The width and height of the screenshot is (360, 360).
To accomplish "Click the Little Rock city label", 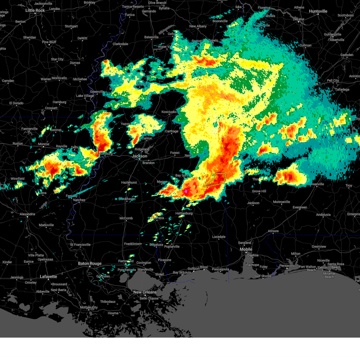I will click(35, 10).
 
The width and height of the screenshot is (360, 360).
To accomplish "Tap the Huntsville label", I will click(318, 11).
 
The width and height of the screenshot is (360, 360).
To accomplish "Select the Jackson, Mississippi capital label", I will click(140, 156).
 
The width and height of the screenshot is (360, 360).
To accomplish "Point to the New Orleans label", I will click(145, 292).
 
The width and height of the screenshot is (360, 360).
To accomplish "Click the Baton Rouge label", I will click(90, 264).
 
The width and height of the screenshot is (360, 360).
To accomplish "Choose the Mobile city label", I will click(246, 249).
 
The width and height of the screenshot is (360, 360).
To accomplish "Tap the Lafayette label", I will click(48, 277).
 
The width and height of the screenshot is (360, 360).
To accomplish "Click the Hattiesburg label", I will click(184, 213).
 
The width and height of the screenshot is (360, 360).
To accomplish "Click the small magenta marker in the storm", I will click(186, 191).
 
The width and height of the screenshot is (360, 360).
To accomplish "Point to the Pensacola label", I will click(287, 265).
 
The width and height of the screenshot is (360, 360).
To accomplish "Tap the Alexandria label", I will click(27, 214).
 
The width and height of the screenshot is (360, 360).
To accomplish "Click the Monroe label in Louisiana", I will click(43, 144).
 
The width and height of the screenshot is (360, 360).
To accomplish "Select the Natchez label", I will click(79, 200).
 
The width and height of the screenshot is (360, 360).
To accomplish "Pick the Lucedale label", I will click(219, 237).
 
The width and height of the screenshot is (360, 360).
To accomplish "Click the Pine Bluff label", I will click(49, 42).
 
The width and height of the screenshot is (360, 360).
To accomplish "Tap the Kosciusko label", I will click(169, 112).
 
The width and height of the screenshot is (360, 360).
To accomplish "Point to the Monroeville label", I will click(281, 202).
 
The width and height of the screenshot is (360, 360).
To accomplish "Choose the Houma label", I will click(113, 313).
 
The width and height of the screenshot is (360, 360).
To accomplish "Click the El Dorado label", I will click(16, 103).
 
